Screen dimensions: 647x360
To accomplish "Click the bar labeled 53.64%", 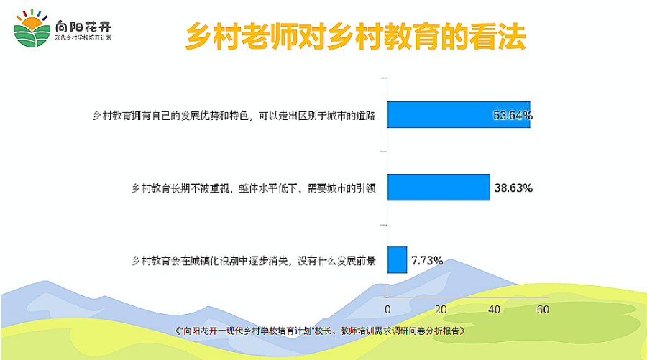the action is click(459, 115).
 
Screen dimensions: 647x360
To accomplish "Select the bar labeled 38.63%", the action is click(439, 188).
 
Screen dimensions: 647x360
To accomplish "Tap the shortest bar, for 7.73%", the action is click(397, 260).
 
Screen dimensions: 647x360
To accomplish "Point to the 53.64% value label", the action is click(513, 115).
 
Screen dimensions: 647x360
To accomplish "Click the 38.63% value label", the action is click(513, 188).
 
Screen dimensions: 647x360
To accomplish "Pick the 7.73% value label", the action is click(427, 261).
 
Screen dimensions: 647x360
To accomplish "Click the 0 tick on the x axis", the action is click(387, 309).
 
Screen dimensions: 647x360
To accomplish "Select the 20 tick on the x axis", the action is click(441, 309).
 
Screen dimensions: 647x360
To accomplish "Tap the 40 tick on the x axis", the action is click(495, 309).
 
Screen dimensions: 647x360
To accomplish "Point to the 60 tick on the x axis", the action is click(543, 309).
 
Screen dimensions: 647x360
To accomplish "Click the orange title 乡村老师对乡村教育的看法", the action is click(356, 37).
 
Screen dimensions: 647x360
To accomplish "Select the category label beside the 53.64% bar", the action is click(234, 116).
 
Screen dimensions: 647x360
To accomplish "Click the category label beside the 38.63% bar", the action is click(253, 188).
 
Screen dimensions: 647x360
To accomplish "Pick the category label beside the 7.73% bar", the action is click(253, 261).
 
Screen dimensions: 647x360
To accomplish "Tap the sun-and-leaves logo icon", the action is click(32, 28).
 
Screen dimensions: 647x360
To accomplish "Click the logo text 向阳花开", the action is click(83, 27).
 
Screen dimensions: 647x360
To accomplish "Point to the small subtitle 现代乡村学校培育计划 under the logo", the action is click(83, 38).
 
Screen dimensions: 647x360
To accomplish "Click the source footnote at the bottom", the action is click(320, 331).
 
